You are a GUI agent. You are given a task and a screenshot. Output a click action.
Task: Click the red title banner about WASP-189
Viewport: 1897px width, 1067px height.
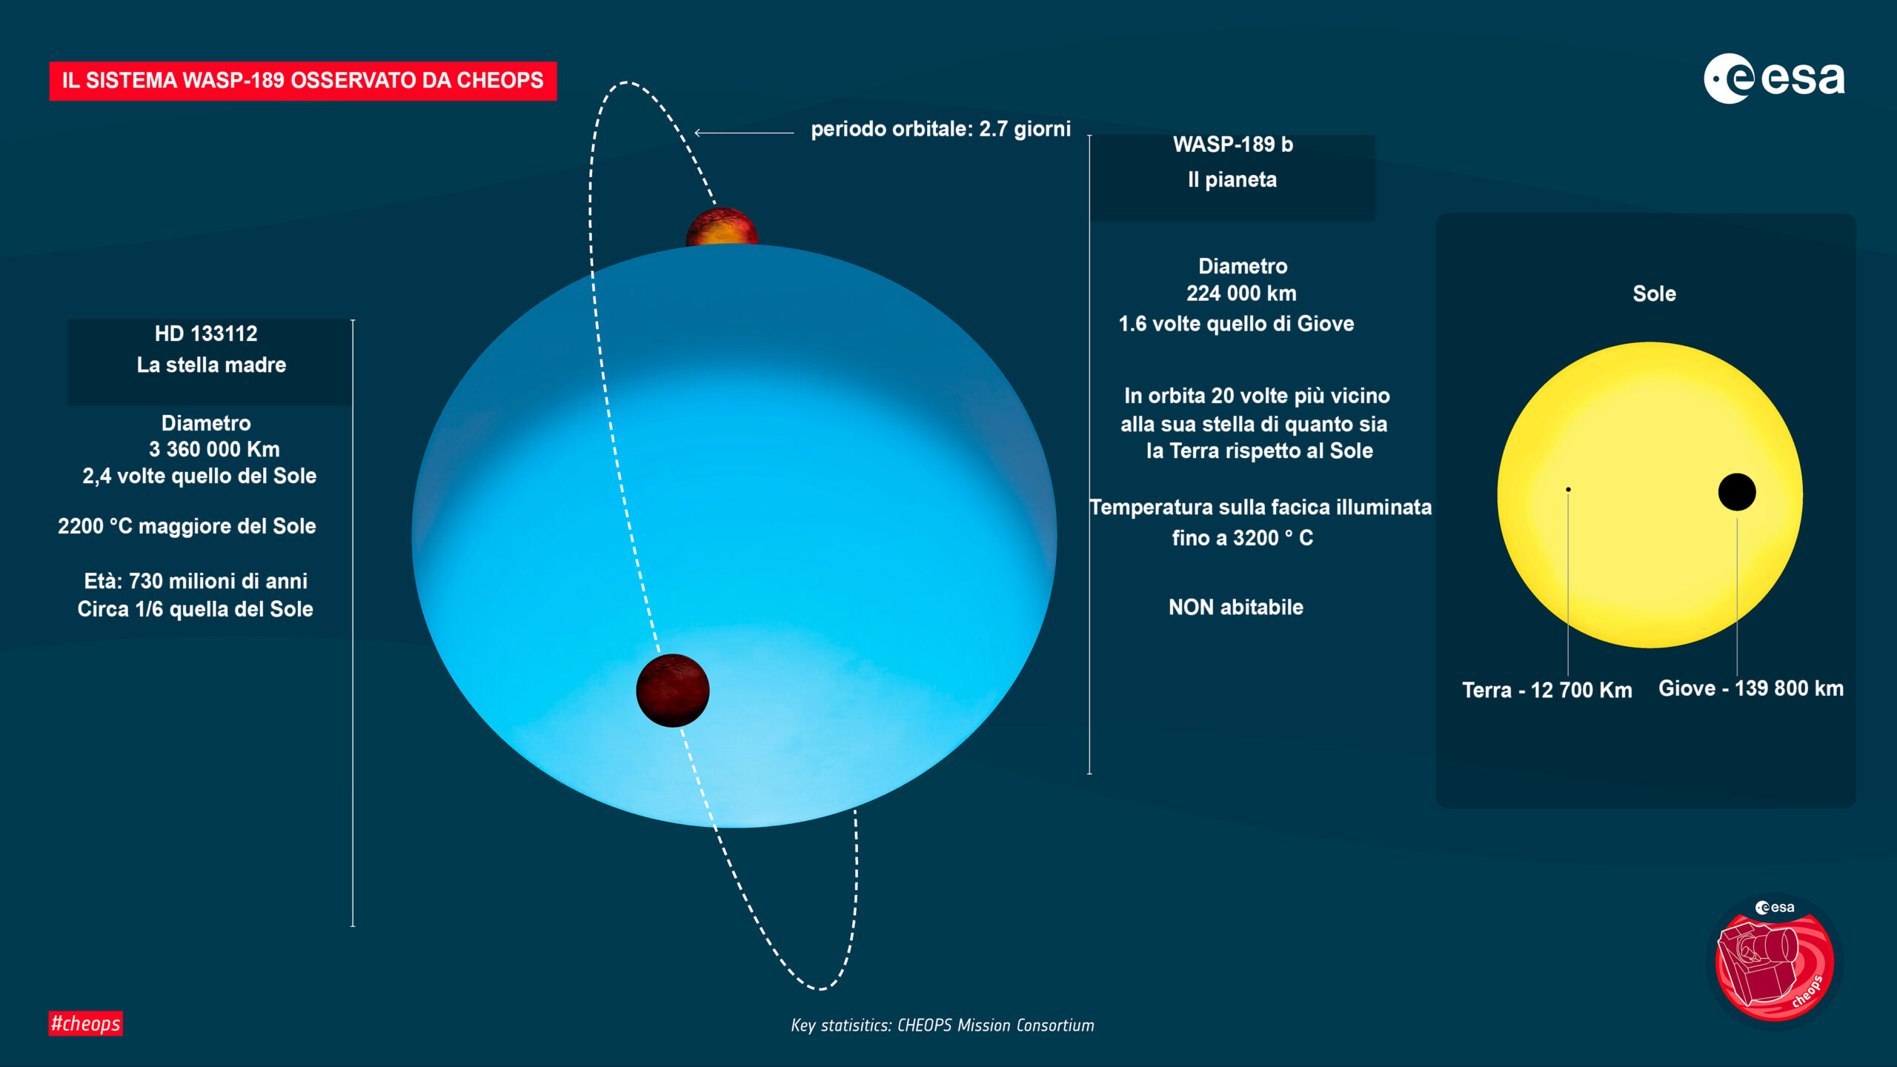(302, 81)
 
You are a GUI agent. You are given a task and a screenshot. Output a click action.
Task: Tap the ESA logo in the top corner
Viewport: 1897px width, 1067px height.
(1774, 79)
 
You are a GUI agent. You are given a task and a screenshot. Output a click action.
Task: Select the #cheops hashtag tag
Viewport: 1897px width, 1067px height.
(85, 1023)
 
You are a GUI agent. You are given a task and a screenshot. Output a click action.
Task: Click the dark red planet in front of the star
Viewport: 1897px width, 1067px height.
(673, 691)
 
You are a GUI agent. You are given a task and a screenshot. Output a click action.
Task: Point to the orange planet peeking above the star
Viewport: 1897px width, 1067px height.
(722, 227)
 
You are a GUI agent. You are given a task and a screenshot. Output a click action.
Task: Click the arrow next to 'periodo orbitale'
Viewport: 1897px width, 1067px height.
(744, 133)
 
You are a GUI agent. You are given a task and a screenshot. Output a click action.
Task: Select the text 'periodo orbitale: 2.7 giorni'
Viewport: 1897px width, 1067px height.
(941, 129)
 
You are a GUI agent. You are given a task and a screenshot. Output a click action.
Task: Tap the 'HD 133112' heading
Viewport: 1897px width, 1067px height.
(206, 333)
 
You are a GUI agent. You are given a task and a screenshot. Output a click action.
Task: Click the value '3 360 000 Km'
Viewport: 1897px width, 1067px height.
(214, 449)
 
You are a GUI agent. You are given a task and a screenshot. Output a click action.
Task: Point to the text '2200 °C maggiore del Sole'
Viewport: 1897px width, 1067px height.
(187, 526)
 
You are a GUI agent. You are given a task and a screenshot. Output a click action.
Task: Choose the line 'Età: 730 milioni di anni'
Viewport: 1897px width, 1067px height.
(196, 581)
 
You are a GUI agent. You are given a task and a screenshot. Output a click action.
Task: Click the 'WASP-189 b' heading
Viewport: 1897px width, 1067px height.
(1233, 144)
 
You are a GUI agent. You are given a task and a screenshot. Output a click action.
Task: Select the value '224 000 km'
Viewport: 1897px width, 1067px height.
(1241, 293)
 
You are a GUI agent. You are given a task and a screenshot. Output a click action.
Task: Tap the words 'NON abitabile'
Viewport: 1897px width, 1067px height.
(1236, 608)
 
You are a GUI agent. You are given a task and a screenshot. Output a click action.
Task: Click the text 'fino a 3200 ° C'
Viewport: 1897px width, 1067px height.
(1243, 538)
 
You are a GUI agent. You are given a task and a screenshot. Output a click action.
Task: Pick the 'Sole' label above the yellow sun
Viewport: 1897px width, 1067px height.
(1654, 293)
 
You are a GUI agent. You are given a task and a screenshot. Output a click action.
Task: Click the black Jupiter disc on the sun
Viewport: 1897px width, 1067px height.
(1737, 492)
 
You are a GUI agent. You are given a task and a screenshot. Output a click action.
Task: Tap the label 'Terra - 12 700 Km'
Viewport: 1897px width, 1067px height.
(1547, 691)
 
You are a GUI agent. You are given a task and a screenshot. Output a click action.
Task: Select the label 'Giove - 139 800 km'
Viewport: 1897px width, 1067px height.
(1751, 688)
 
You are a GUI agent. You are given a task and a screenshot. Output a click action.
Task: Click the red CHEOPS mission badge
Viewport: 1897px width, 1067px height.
(1775, 961)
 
